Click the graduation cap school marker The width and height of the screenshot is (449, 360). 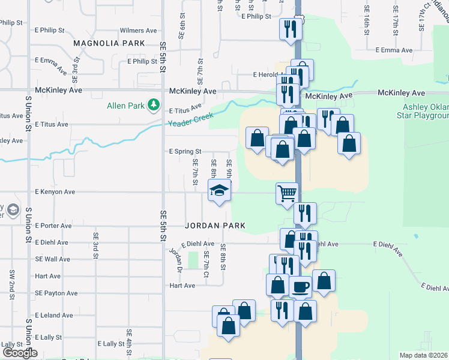click(220, 191)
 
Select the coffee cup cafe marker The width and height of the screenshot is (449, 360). click(300, 287)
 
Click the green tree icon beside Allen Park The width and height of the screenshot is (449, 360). click(154, 106)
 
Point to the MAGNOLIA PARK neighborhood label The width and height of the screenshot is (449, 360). click(109, 43)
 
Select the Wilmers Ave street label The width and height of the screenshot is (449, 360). click(138, 30)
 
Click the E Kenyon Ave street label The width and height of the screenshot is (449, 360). click(55, 192)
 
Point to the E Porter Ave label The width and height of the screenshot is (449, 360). click(53, 226)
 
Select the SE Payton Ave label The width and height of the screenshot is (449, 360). click(56, 293)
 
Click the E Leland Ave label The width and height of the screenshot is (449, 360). click(54, 315)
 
